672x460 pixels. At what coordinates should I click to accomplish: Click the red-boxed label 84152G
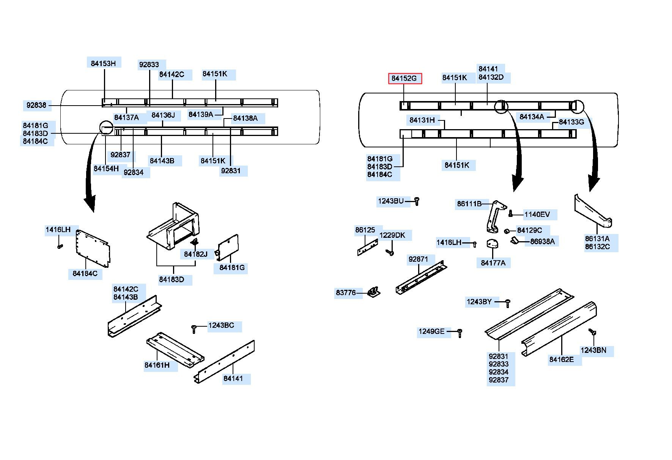coord(404,78)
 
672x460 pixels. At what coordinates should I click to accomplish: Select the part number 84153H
coord(103,63)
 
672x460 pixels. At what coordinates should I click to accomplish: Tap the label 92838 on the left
coord(36,105)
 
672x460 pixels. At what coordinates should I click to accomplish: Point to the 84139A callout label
coord(201,114)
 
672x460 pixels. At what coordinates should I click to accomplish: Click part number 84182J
coord(196,254)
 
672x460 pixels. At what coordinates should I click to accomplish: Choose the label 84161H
coord(157,365)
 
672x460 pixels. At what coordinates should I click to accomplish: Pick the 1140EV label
coord(537,214)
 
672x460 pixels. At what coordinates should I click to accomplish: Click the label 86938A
coord(542,241)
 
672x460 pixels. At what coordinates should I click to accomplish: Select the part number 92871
coord(418,259)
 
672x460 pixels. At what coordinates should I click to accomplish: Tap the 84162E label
coord(562,359)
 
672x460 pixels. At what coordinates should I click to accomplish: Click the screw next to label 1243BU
coord(417,201)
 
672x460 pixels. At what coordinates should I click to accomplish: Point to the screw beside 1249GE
coord(460,333)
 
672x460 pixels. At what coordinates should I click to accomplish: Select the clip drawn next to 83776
coord(374,292)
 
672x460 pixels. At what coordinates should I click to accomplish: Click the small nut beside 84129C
coord(507,231)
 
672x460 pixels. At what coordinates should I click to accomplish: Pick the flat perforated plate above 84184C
coord(93,248)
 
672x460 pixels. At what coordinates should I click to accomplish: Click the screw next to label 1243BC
coord(194,329)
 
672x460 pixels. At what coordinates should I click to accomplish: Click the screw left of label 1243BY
coord(508,303)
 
